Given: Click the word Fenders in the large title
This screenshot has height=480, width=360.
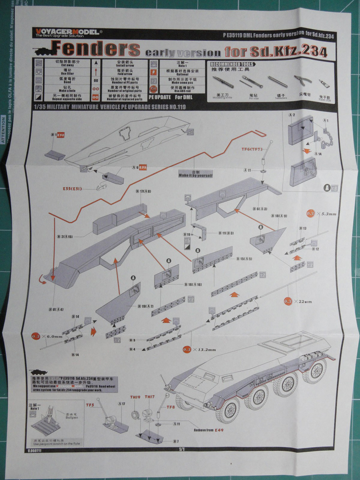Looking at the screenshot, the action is [96, 49].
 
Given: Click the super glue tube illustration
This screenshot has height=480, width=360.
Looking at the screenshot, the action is [323, 84].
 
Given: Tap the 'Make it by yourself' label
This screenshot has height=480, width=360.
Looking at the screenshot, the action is [196, 174].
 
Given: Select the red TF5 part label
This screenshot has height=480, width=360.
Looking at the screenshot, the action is [90, 405].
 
